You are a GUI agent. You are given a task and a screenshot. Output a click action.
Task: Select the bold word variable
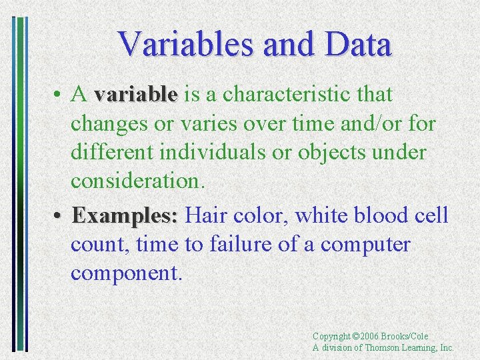point(136,95)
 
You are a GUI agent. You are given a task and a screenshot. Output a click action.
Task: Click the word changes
point(109,124)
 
